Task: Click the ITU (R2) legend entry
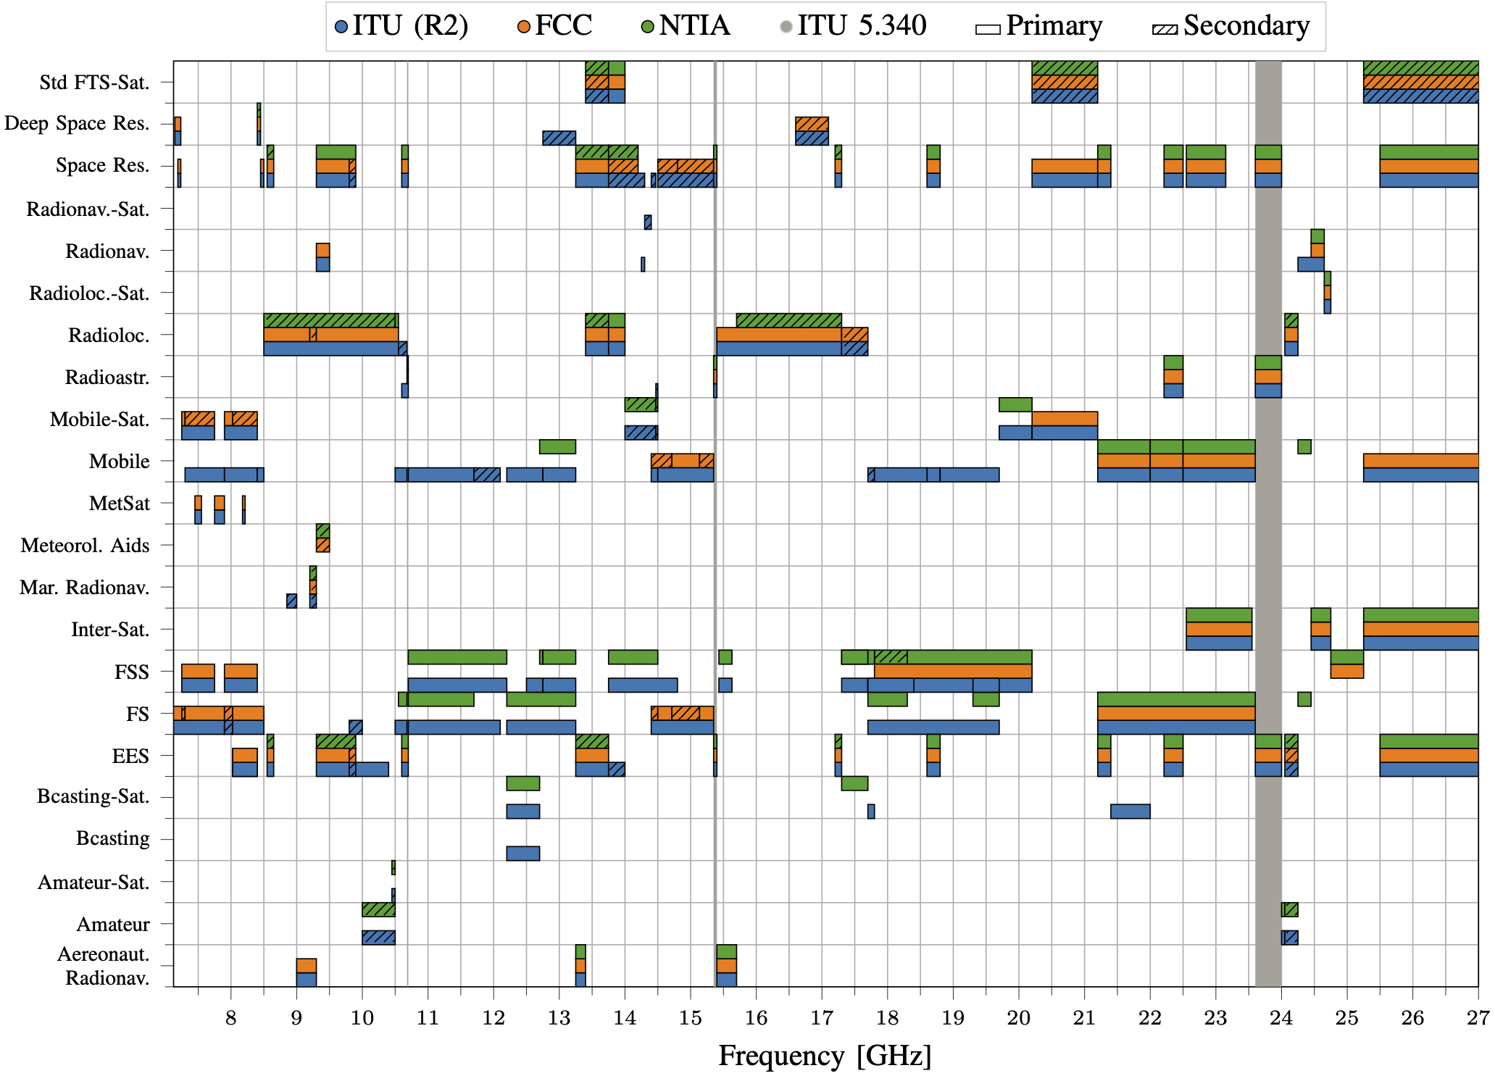click(x=401, y=26)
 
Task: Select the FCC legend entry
click(x=555, y=26)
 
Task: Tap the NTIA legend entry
click(x=686, y=26)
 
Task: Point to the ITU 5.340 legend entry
click(x=853, y=26)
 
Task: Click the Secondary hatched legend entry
click(x=1231, y=26)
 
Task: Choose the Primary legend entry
click(x=1039, y=26)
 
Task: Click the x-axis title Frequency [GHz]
click(x=825, y=1055)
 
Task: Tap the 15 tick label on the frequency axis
click(x=690, y=1018)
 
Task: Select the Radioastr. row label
click(x=107, y=378)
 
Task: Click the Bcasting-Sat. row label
click(x=93, y=796)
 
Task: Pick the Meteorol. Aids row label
click(x=85, y=545)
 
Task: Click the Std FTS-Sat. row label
click(x=94, y=83)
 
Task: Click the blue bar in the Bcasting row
click(x=522, y=854)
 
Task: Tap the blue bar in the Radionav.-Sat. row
click(x=648, y=222)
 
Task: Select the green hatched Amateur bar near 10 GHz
click(x=378, y=909)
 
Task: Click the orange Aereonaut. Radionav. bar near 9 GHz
click(x=306, y=965)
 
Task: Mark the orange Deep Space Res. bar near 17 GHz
click(x=812, y=124)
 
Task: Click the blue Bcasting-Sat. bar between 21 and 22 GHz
click(x=1130, y=812)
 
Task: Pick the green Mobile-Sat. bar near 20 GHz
click(x=1015, y=404)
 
